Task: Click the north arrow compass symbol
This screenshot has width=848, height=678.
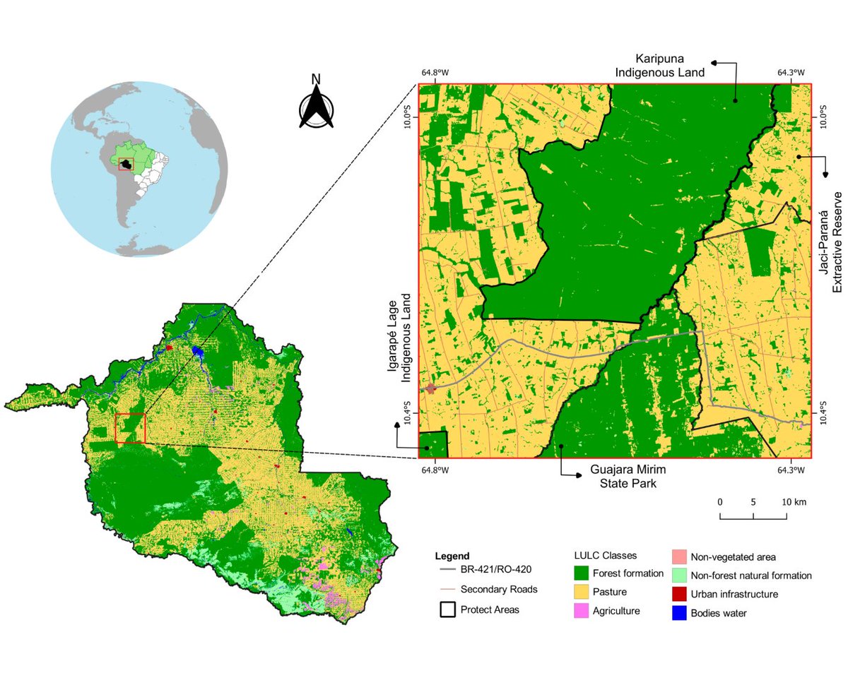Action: coord(316,106)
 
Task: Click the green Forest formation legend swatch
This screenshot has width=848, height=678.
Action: coord(581,573)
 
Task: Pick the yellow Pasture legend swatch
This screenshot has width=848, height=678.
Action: coord(581,592)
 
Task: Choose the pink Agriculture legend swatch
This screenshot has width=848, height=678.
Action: coord(581,611)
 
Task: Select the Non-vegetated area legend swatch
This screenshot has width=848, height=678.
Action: coord(678,557)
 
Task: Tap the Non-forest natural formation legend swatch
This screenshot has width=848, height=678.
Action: coord(678,575)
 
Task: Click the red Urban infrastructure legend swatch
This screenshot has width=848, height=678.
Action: coord(678,594)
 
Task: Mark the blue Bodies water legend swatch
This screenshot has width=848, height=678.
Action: coord(678,613)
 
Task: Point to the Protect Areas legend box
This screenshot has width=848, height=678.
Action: coord(447,609)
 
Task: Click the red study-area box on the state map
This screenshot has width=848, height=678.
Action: coord(130,428)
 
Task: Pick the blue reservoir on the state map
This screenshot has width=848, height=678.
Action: coord(199,351)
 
